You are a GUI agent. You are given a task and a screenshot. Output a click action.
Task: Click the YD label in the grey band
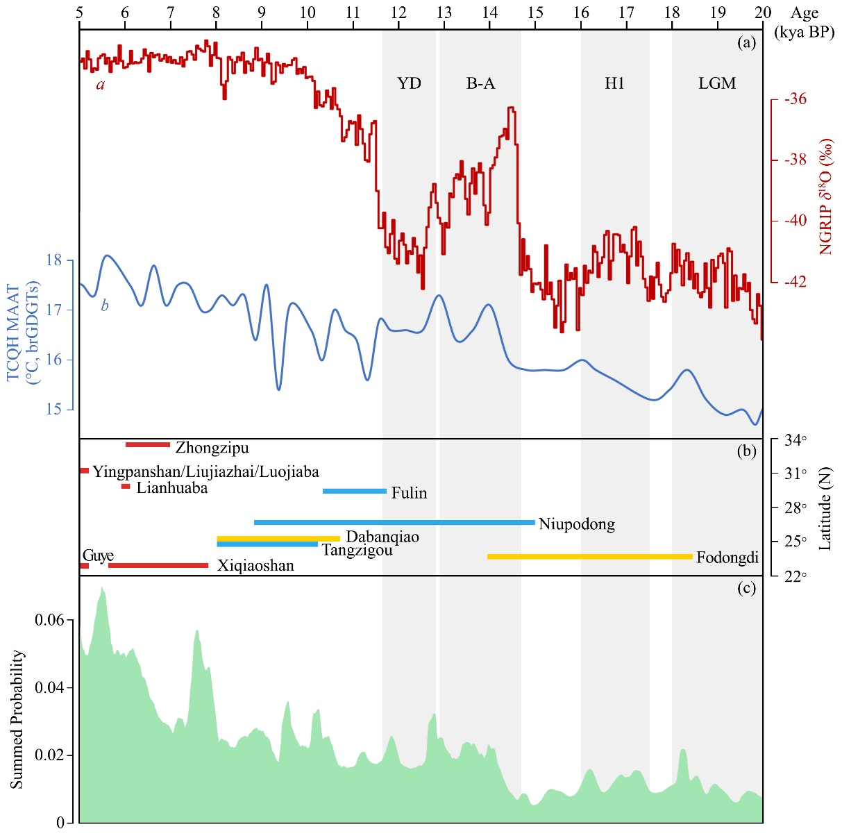409,83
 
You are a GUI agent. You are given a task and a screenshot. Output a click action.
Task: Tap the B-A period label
480,83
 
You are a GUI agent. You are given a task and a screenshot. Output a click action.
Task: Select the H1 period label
614,83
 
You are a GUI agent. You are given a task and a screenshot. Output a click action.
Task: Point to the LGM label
716,83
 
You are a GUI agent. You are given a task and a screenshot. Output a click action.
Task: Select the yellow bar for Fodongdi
590,556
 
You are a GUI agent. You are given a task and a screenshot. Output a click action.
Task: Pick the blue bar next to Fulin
355,491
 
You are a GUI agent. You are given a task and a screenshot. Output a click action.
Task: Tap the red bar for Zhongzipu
148,444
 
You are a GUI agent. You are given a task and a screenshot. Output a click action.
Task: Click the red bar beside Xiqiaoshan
158,565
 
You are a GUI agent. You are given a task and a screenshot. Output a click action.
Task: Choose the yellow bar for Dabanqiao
278,538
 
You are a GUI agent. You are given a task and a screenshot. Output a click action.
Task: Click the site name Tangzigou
357,551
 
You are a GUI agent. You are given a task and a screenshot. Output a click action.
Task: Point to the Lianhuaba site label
172,487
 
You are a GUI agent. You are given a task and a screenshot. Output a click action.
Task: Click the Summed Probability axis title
17,719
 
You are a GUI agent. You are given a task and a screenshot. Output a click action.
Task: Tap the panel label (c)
747,588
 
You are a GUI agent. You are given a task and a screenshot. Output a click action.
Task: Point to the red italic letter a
101,85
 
